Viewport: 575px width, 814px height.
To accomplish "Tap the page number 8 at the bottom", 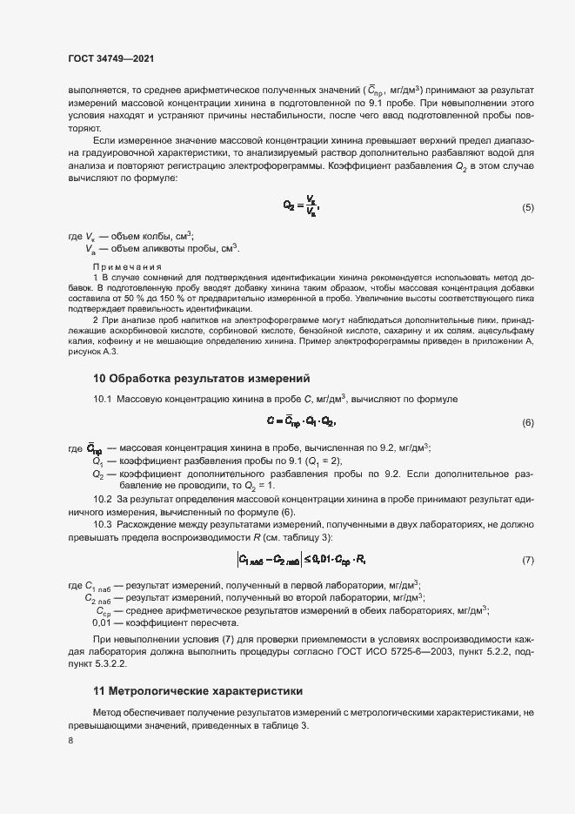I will click(x=70, y=741).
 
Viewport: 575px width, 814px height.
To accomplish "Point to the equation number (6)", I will click(x=527, y=422).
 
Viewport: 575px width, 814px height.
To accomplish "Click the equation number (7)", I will click(x=527, y=559).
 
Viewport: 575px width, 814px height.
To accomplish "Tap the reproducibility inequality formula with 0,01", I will click(x=301, y=559).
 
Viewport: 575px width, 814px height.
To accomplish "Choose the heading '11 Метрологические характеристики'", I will click(x=198, y=691).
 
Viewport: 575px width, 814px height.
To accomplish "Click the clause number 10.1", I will click(x=103, y=399).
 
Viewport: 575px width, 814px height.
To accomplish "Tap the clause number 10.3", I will click(x=103, y=525).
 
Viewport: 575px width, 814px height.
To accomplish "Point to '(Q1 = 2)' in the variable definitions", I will click(x=322, y=461).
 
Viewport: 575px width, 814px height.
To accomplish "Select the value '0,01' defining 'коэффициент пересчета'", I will click(x=102, y=623).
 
